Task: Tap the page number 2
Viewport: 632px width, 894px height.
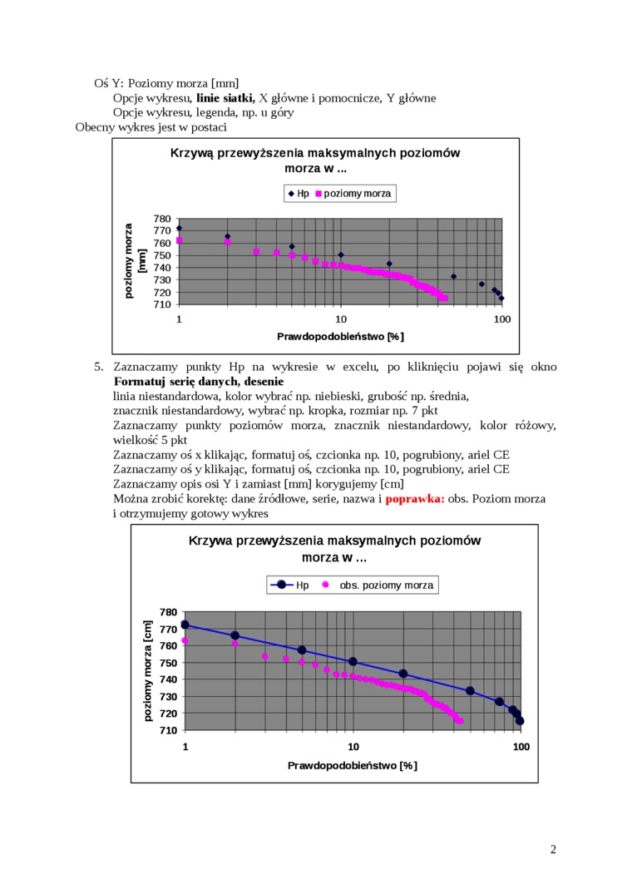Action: click(553, 849)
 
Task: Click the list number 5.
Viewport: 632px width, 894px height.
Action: click(98, 367)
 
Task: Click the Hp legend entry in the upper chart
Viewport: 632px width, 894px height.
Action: click(299, 194)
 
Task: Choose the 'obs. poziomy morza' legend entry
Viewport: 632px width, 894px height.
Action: click(378, 585)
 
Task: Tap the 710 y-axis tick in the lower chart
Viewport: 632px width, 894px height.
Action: click(168, 730)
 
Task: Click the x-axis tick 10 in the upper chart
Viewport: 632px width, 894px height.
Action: click(341, 319)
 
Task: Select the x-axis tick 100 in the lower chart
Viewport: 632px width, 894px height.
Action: click(521, 747)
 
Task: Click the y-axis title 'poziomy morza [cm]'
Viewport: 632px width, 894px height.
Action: click(148, 670)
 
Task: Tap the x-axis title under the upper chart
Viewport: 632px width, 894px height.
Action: click(340, 336)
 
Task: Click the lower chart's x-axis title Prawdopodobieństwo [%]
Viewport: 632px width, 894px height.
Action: click(353, 765)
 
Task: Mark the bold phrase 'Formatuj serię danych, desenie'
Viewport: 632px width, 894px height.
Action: click(188, 382)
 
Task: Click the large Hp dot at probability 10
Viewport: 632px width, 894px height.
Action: click(353, 662)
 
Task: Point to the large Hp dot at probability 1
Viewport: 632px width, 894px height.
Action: click(185, 625)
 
